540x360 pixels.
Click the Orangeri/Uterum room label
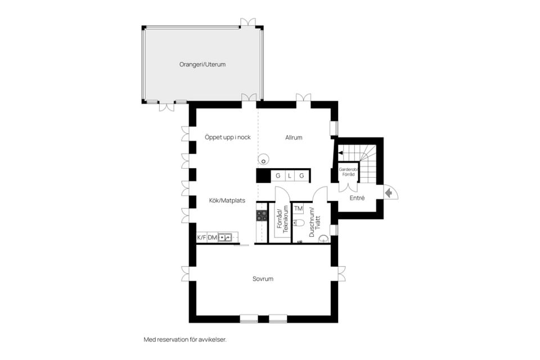point(202,65)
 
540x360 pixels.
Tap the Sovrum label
point(263,278)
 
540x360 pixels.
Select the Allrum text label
point(294,137)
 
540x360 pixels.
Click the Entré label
point(357,198)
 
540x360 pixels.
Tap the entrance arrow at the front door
point(389,192)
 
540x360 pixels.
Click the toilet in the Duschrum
point(300,223)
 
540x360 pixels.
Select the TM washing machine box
point(298,209)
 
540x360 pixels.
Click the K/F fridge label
point(201,238)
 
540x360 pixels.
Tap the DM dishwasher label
point(213,238)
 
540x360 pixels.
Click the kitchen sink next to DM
point(225,238)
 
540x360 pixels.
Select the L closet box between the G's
point(290,176)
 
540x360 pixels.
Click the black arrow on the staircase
point(340,152)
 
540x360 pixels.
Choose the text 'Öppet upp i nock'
point(227,137)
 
